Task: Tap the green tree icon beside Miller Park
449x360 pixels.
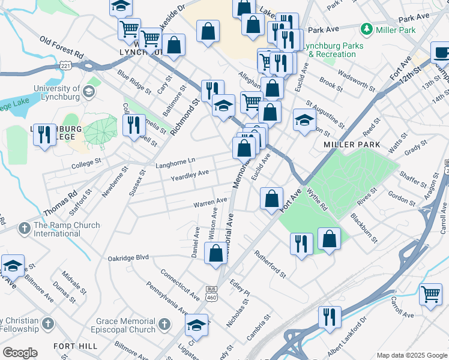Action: [x=366, y=29]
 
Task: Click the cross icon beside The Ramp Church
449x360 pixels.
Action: [x=24, y=227]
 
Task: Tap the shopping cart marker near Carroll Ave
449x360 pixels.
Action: [x=430, y=295]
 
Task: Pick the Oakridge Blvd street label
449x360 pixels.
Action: [x=128, y=258]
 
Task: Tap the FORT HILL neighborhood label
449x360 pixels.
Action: [x=71, y=346]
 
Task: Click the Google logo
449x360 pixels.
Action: [x=20, y=353]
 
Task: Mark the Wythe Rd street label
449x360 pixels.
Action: [x=317, y=200]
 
